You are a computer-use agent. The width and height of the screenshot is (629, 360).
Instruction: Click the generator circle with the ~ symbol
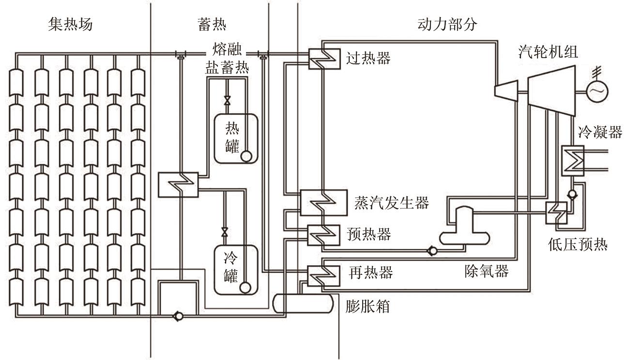pos(597,90)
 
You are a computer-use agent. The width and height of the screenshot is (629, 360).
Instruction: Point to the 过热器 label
pos(368,58)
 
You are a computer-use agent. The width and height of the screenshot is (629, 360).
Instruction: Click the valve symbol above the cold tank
pos(224,232)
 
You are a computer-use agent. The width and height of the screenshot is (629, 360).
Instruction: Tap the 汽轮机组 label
pos(548,51)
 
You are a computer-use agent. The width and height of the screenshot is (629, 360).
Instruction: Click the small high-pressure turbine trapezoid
pos(505,90)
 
